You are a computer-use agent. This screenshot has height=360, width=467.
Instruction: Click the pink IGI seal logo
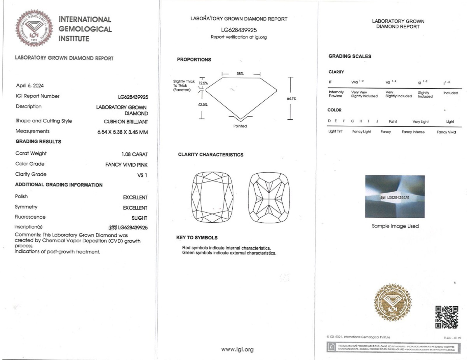tap(34, 28)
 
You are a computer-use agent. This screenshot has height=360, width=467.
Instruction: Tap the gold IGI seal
tap(393, 303)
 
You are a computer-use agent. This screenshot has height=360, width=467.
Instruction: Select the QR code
tap(447, 317)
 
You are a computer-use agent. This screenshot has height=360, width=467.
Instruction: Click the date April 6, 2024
tap(30, 85)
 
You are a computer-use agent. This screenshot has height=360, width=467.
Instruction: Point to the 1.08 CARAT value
tap(135, 154)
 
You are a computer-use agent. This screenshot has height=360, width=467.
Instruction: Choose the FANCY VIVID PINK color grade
tap(126, 165)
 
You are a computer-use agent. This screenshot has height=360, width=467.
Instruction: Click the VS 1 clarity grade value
tap(142, 175)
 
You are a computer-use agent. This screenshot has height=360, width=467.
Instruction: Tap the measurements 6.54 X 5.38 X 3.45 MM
tap(123, 132)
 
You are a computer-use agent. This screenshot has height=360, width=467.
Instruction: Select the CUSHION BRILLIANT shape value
tap(126, 122)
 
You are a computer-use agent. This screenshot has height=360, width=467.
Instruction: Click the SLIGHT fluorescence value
tap(139, 218)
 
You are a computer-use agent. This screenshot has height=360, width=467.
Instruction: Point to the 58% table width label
tap(240, 74)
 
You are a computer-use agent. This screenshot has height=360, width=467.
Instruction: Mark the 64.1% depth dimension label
tap(291, 99)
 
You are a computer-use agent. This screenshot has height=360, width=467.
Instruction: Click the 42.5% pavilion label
tap(203, 104)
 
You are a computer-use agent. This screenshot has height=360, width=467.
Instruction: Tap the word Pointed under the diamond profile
tap(240, 126)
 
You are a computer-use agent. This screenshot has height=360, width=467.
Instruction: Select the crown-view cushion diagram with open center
tap(212, 198)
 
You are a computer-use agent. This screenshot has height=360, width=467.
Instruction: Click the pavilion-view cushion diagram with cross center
tap(269, 198)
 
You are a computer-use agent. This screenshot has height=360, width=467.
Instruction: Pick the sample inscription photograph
tap(395, 196)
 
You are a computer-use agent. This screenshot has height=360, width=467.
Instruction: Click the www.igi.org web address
tap(237, 349)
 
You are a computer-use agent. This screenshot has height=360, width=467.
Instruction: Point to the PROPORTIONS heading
tap(194, 60)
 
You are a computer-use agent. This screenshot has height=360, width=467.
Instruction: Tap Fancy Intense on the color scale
tap(413, 132)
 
